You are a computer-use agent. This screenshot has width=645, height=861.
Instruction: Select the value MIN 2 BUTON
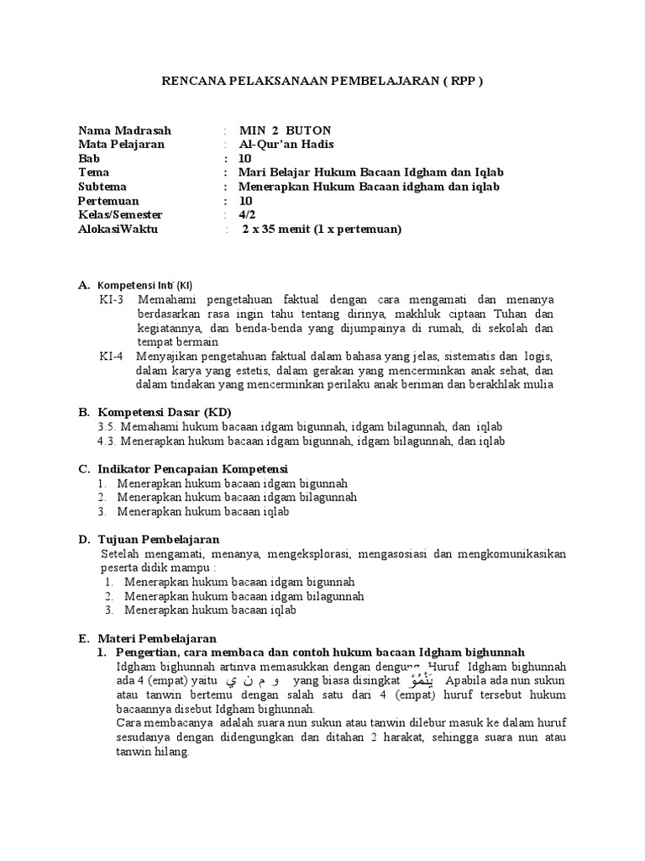pyautogui.click(x=285, y=130)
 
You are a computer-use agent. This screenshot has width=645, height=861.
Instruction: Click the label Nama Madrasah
pyautogui.click(x=124, y=130)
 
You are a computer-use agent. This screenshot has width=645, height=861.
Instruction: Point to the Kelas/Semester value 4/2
pyautogui.click(x=246, y=214)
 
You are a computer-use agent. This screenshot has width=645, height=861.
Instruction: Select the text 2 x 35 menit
pyautogui.click(x=276, y=229)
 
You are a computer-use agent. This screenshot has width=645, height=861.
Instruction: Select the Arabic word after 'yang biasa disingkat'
pyautogui.click(x=422, y=679)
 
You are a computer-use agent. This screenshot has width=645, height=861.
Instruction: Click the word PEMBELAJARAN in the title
pyautogui.click(x=388, y=81)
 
